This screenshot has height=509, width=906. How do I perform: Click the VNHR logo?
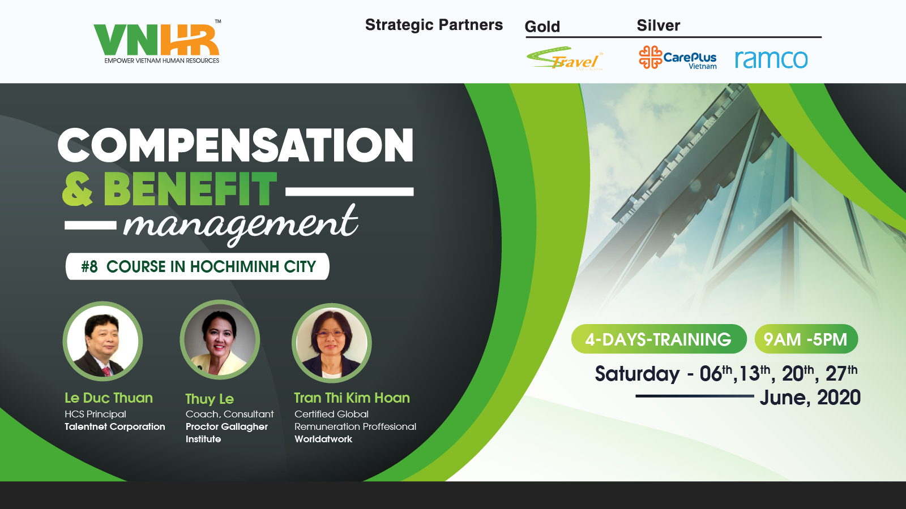(157, 42)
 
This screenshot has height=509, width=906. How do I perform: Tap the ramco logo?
(771, 59)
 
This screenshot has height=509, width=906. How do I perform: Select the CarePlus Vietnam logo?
(678, 57)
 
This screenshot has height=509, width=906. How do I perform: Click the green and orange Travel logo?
(565, 59)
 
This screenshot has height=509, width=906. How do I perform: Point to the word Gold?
(542, 27)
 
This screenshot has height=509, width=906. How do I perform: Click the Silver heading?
(659, 25)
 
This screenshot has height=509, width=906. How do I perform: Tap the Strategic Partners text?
(434, 25)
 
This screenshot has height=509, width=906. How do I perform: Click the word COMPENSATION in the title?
(236, 145)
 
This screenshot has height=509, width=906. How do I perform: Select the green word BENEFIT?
(190, 189)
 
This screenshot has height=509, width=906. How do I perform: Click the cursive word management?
(241, 224)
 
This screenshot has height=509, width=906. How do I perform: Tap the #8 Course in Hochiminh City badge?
(198, 266)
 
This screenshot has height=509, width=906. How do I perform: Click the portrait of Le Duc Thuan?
(102, 342)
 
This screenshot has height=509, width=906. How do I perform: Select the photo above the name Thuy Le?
(220, 340)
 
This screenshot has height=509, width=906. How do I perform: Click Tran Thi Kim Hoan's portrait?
(332, 343)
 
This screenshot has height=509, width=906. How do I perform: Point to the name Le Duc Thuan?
(109, 398)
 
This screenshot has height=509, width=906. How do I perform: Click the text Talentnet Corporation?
(115, 426)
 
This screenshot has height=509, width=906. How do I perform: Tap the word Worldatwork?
(323, 439)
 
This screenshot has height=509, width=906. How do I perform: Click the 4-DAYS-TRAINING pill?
(659, 339)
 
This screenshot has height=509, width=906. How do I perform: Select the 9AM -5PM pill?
(806, 339)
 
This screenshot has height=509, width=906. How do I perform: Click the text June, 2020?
(810, 398)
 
